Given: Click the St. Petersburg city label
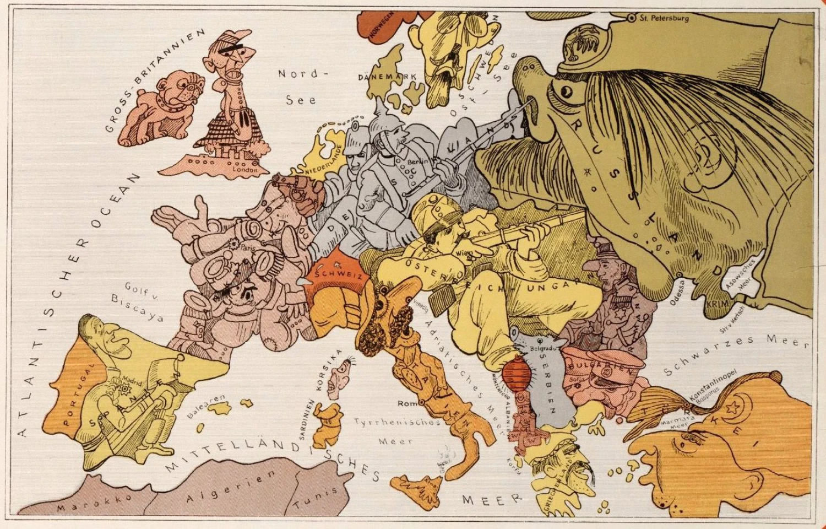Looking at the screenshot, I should pyautogui.click(x=664, y=18).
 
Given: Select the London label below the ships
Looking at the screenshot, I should pyautogui.click(x=244, y=170).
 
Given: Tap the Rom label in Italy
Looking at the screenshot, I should pyautogui.click(x=407, y=404).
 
